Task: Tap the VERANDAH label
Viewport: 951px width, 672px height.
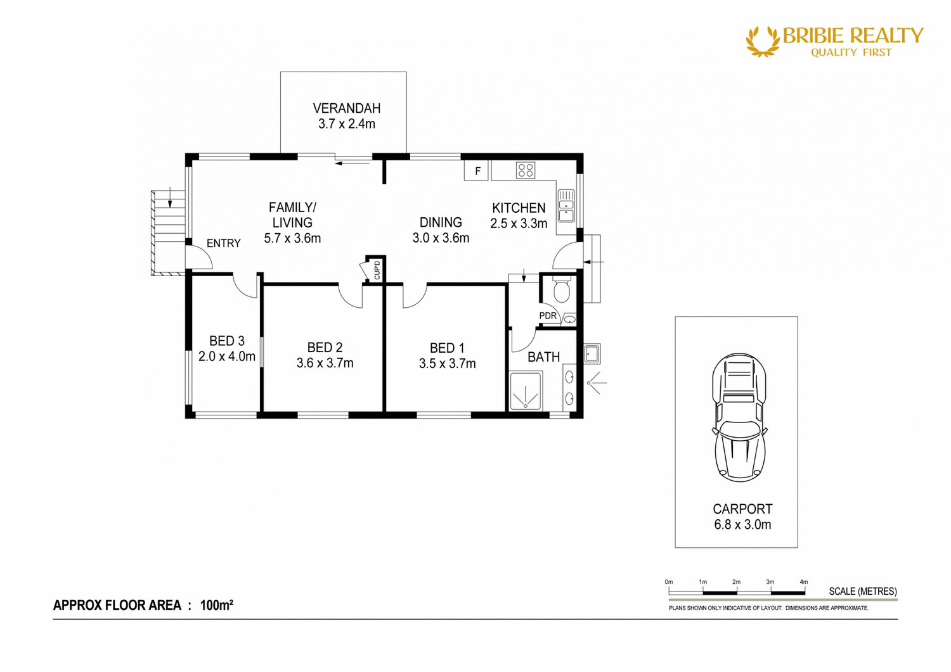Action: (346, 108)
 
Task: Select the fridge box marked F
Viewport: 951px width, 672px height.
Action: (477, 171)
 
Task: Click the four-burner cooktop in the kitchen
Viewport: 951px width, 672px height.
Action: (525, 170)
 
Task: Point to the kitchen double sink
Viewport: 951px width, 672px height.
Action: (566, 206)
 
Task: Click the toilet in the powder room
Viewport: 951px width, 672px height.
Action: (561, 291)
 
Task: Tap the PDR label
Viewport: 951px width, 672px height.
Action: (548, 315)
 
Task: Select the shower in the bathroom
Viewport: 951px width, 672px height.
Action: (526, 391)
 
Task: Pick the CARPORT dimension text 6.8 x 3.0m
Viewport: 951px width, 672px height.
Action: (742, 524)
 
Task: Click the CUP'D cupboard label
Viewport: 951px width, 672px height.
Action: (377, 270)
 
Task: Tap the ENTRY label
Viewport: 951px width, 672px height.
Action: (223, 243)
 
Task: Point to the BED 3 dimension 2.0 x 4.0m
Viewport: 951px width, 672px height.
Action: (226, 357)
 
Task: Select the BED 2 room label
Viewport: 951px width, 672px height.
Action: (325, 347)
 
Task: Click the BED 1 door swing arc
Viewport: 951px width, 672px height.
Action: (414, 298)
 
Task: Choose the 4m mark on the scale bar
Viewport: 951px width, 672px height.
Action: (804, 581)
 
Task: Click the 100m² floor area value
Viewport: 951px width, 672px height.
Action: (216, 605)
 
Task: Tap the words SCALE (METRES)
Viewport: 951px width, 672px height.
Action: (862, 591)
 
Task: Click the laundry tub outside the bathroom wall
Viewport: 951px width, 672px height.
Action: (592, 353)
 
